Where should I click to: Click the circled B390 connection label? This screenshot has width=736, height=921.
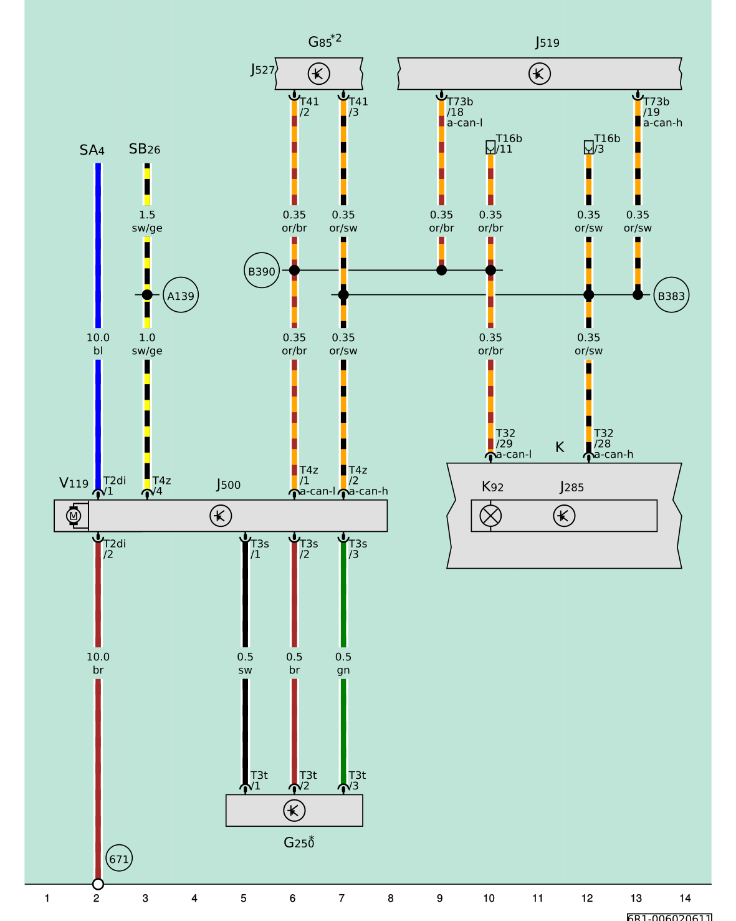pyautogui.click(x=261, y=270)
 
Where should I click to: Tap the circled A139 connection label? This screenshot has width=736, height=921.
pyautogui.click(x=181, y=295)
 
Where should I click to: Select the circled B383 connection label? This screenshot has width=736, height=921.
pyautogui.click(x=671, y=295)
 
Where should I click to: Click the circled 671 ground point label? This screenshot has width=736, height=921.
pyautogui.click(x=119, y=858)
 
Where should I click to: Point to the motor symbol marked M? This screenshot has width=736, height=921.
pyautogui.click(x=74, y=516)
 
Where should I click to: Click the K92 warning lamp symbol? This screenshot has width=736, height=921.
pyautogui.click(x=490, y=516)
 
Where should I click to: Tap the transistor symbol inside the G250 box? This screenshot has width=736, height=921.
pyautogui.click(x=294, y=811)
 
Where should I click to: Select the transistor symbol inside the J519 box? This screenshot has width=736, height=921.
pyautogui.click(x=539, y=74)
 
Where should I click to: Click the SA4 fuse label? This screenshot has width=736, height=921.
pyautogui.click(x=92, y=150)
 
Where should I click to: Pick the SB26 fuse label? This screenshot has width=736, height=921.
pyautogui.click(x=145, y=149)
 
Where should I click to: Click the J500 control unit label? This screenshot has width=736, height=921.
pyautogui.click(x=228, y=485)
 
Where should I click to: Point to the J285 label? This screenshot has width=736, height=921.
pyautogui.click(x=571, y=487)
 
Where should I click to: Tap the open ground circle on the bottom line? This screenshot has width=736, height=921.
pyautogui.click(x=98, y=884)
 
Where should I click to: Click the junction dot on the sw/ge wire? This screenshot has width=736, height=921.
pyautogui.click(x=147, y=295)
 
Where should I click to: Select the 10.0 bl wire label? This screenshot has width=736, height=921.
pyautogui.click(x=98, y=344)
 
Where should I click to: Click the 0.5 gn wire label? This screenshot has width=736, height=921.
pyautogui.click(x=343, y=663)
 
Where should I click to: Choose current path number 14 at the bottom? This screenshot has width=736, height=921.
pyautogui.click(x=685, y=899)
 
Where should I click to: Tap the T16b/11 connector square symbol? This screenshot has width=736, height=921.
pyautogui.click(x=490, y=147)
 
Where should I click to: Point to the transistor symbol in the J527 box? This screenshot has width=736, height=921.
pyautogui.click(x=318, y=74)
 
